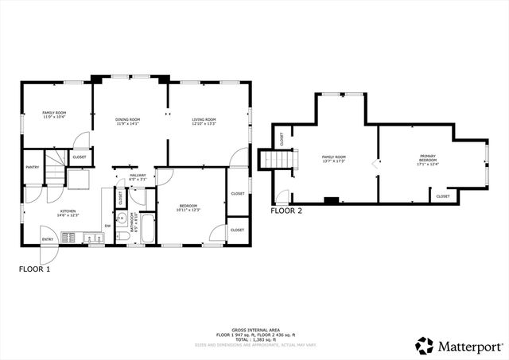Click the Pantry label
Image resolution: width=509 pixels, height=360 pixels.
click(33, 167)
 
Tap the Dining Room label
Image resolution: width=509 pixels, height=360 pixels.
click(128, 119)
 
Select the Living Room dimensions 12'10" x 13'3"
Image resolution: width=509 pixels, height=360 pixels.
click(204, 124)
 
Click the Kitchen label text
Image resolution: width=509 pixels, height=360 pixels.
click(68, 211)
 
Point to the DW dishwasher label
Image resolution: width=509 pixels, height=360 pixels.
click(107, 226)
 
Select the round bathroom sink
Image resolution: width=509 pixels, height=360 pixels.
click(122, 219)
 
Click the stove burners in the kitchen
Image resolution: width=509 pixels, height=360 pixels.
click(69, 236)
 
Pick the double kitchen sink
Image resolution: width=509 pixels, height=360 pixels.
click(89, 236)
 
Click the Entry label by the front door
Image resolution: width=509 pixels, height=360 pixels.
click(48, 239)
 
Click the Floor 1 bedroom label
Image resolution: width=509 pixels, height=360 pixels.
click(188, 205)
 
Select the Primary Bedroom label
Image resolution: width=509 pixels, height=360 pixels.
click(428, 158)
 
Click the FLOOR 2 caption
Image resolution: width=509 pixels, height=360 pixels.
click(286, 211)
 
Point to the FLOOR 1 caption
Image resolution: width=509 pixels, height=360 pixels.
click(35, 269)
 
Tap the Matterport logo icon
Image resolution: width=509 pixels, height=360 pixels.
click(425, 346)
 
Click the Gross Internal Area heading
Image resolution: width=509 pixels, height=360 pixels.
click(254, 329)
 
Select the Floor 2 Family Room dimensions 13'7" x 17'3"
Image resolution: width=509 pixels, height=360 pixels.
click(333, 162)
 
